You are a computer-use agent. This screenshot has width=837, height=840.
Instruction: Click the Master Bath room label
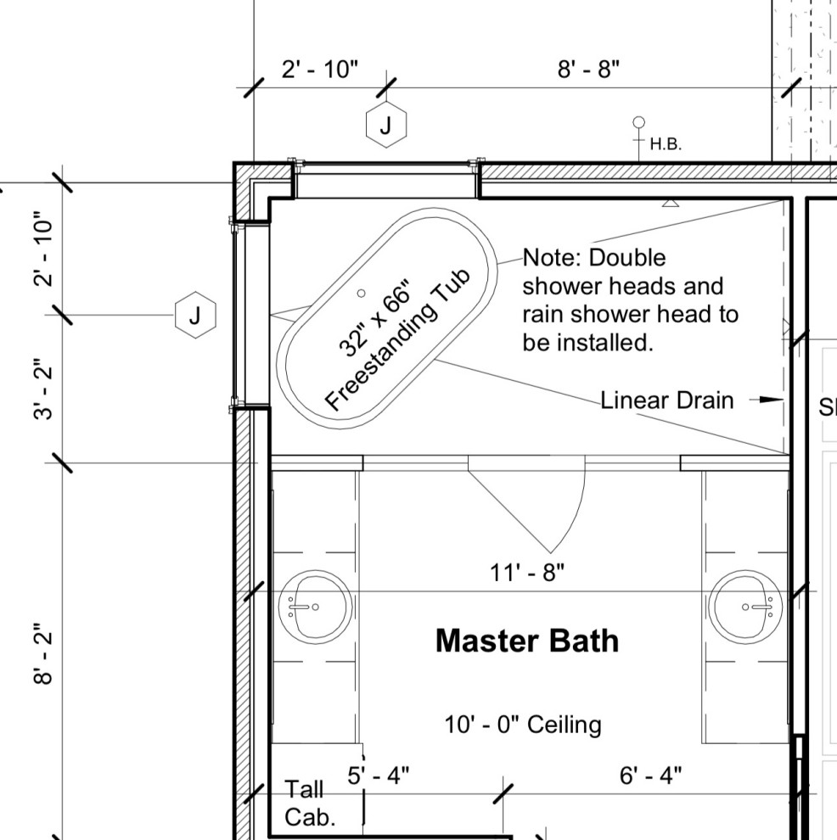[x=526, y=641]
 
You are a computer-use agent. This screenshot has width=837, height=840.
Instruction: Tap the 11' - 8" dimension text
[x=526, y=573]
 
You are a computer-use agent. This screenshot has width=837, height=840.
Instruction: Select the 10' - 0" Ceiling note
[x=523, y=725]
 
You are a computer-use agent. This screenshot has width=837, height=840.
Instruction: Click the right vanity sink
[x=745, y=606]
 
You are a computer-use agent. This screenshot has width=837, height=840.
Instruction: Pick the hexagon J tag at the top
[x=386, y=126]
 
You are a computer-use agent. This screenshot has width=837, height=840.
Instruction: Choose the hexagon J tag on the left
[x=195, y=316]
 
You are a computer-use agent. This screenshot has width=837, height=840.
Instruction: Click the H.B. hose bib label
[x=666, y=144]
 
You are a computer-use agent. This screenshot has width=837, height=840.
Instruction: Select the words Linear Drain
[x=667, y=400]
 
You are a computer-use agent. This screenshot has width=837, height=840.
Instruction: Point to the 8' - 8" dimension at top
[x=588, y=70]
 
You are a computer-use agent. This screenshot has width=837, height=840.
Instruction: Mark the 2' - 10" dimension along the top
[x=320, y=70]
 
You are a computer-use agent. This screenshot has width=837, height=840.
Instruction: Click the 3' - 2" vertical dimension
[x=45, y=391]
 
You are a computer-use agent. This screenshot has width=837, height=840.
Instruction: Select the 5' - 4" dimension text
[x=379, y=775]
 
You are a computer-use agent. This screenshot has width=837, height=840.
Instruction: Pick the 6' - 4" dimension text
[x=650, y=775]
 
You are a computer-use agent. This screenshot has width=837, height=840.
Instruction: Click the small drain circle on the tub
[x=361, y=293]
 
